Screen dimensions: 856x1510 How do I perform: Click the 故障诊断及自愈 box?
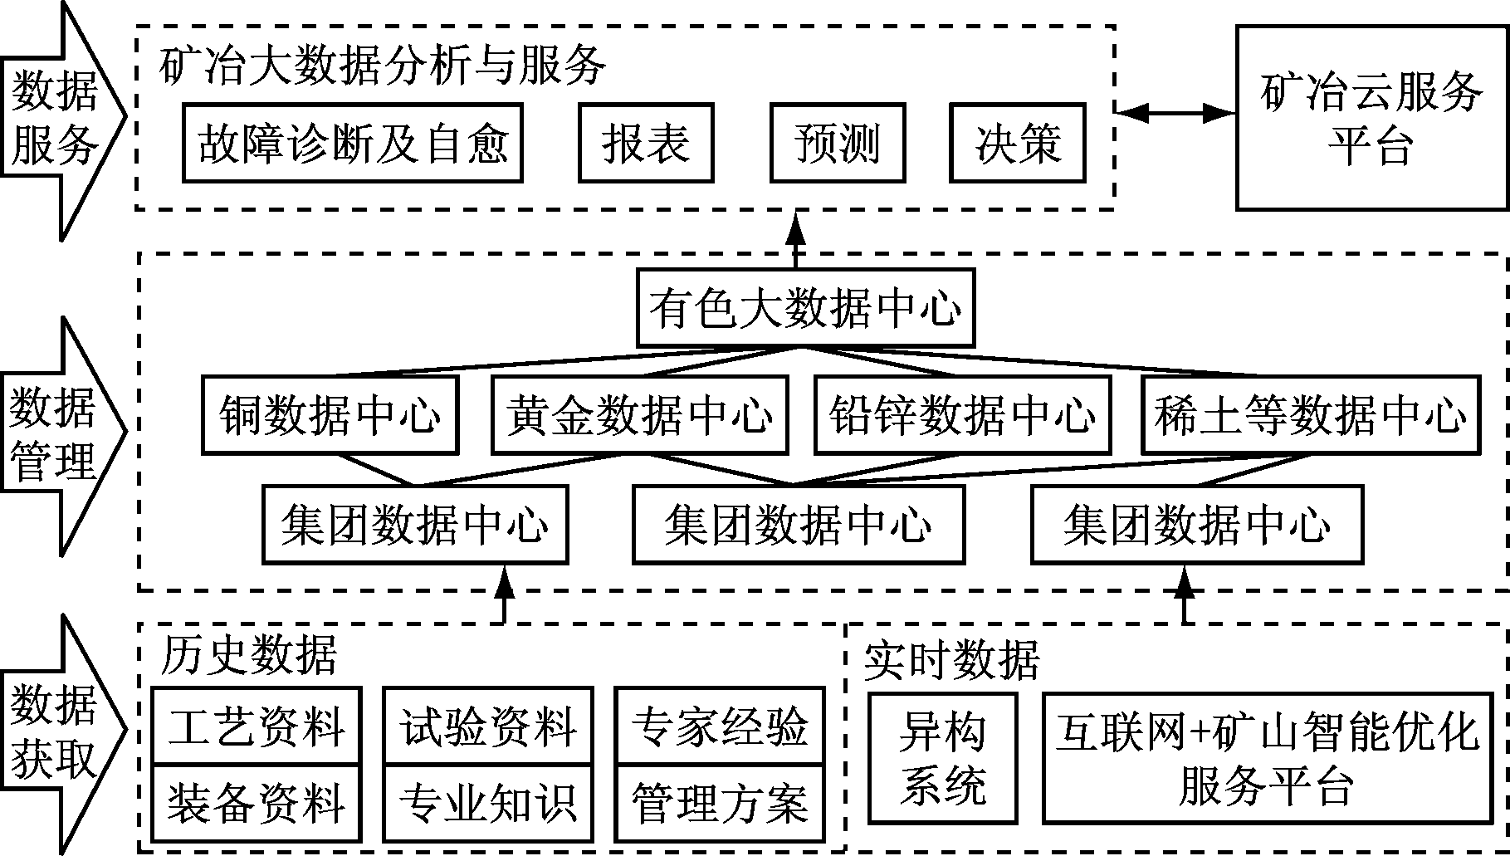353,143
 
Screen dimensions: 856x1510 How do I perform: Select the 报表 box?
646,143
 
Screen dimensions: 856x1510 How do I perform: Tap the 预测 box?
837,143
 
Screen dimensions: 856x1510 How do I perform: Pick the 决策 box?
1018,143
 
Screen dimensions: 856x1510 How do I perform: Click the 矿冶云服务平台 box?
1371,118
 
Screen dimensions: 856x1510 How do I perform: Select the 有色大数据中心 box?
805,308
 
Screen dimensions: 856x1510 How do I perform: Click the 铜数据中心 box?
330,415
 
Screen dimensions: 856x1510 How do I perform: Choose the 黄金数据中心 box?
639,415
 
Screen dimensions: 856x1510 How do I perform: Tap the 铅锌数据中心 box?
962,415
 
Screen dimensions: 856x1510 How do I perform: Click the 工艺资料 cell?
257,726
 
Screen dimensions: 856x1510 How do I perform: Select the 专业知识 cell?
488,802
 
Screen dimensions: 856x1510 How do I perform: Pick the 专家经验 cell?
720,726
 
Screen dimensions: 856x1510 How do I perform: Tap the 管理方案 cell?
720,802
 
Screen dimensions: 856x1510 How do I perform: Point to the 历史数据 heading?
248,655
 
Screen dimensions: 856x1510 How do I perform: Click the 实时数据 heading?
950,661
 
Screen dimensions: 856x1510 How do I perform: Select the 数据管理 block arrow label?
55,436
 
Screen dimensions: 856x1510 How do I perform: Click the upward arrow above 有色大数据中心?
796,239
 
